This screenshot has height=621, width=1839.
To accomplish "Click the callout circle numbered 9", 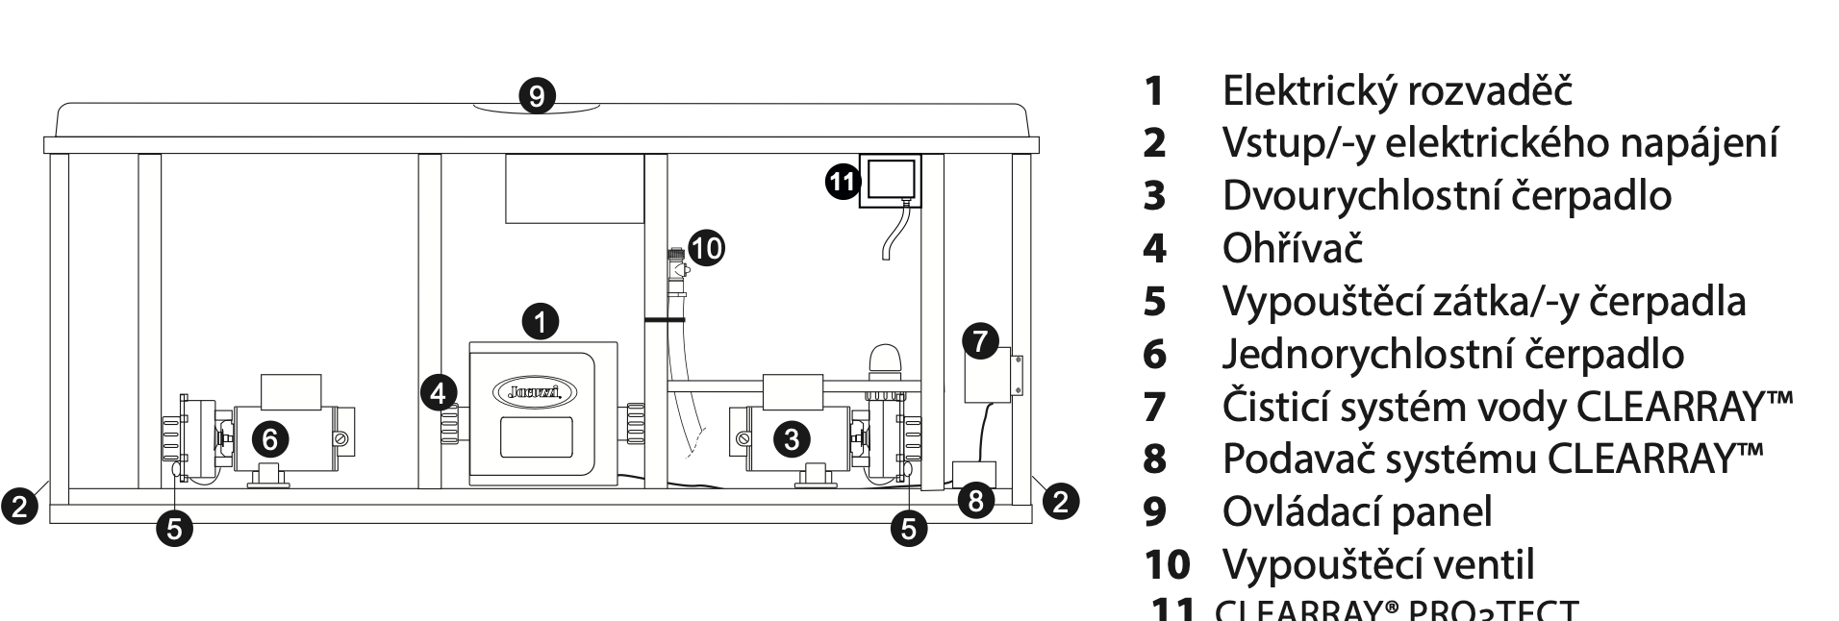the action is click(x=537, y=96).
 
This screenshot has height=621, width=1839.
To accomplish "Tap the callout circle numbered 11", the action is click(x=843, y=182).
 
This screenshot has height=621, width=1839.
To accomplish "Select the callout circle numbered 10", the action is click(x=706, y=248).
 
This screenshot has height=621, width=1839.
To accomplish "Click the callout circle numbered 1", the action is click(x=542, y=321).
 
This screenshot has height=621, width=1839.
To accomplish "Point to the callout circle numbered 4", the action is click(x=439, y=392).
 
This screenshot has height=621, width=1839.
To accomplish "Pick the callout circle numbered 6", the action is click(x=270, y=439).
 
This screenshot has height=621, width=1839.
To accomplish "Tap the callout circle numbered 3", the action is click(x=792, y=439).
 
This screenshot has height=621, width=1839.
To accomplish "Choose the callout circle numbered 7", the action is click(x=980, y=341).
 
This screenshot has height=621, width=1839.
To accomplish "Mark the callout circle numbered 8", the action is click(x=976, y=501).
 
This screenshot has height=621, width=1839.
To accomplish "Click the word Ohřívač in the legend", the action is click(x=1292, y=248).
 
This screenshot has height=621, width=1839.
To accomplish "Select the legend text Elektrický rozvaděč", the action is click(x=1397, y=91).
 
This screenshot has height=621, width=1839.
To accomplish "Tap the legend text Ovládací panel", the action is click(x=1356, y=510).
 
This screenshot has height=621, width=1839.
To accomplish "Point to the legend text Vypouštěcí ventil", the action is click(x=1377, y=563).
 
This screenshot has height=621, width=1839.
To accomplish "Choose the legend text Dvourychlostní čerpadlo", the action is click(x=1446, y=195).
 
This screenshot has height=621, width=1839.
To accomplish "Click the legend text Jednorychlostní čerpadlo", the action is click(x=1452, y=354).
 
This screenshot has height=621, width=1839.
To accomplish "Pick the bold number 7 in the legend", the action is click(x=1154, y=407).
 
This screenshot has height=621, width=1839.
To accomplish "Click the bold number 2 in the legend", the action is click(x=1154, y=144).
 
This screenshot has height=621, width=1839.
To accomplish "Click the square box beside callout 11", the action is click(x=890, y=180).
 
